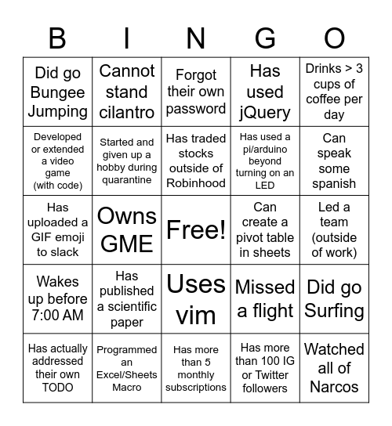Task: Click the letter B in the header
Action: coord(57,38)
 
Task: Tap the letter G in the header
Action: coord(265,38)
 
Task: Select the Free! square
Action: coord(196,229)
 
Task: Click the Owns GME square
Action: coord(127,229)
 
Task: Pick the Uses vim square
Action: coord(196,298)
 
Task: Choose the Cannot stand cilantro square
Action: coord(127,92)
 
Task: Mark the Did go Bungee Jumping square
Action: coord(57,92)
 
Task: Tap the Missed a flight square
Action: coord(265,298)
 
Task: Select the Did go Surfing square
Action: coord(335,298)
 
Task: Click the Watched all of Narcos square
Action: coord(335,367)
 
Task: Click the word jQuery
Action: coord(265,112)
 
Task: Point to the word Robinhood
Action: coord(196,182)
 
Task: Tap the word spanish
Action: coord(335,183)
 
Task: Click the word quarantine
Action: coord(127,180)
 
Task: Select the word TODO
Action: coord(57,388)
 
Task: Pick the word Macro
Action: coord(127,388)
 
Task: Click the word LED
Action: coord(265,186)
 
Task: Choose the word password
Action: coord(196,107)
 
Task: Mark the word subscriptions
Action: coord(196,388)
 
